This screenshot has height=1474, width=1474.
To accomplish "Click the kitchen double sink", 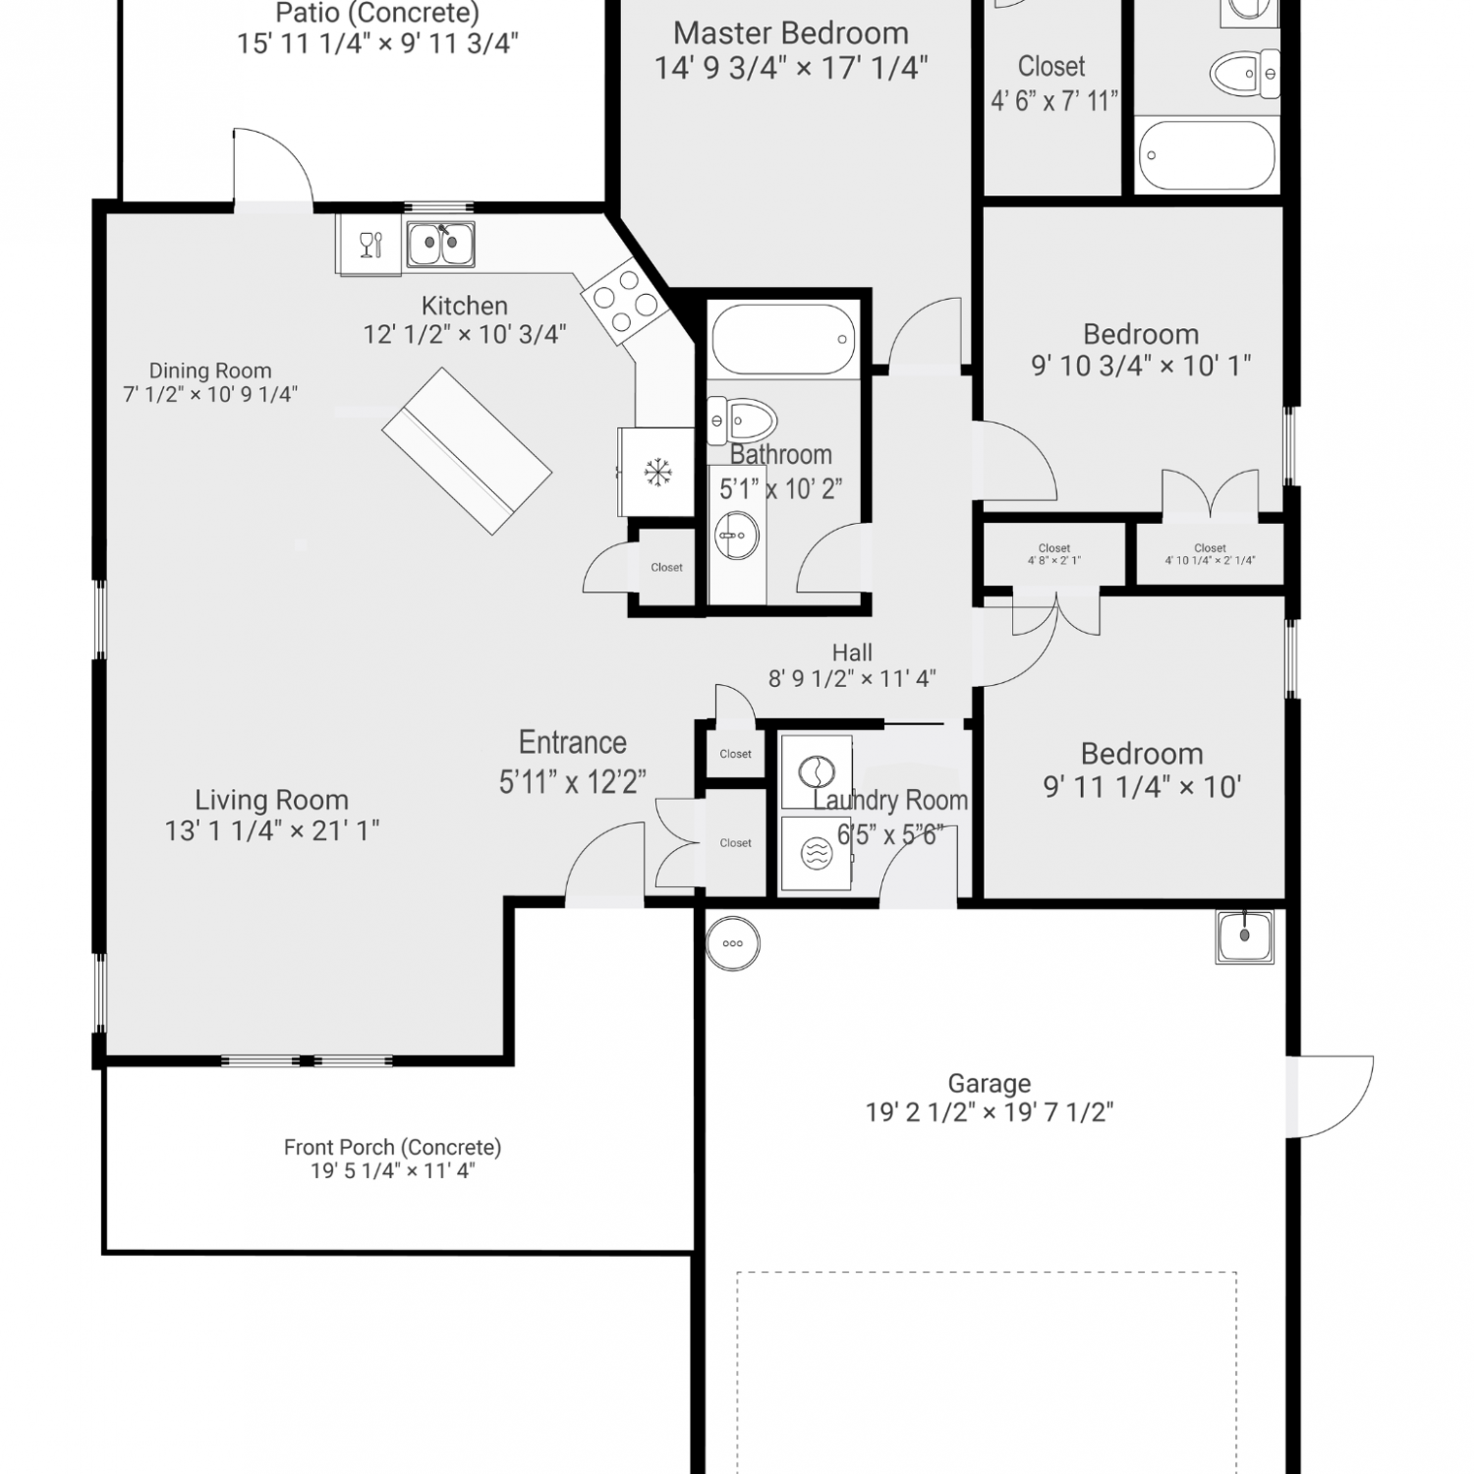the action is click(441, 244).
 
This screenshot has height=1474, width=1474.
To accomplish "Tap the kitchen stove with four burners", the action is click(625, 301).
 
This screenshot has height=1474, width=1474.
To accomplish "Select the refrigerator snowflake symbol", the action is click(655, 473).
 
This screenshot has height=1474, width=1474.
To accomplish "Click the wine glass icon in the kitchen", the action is click(369, 244).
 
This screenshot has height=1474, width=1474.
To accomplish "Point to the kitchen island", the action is click(467, 451).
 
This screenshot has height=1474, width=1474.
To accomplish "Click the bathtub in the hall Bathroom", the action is click(782, 339).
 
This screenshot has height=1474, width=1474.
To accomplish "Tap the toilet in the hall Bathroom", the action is click(743, 422).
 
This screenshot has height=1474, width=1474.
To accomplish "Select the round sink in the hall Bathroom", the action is click(735, 535).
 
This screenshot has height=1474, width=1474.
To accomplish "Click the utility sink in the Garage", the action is click(1244, 936).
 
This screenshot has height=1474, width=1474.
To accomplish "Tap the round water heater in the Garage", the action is click(733, 943).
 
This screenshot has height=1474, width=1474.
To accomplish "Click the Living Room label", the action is click(271, 800).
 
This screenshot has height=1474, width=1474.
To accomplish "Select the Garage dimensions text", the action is click(990, 1112).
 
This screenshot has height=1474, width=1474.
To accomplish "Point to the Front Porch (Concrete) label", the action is click(393, 1147).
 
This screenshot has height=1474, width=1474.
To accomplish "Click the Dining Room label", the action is click(210, 370).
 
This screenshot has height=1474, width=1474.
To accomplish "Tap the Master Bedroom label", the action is click(791, 33).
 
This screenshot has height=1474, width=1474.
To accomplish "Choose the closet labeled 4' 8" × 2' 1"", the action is click(1054, 554).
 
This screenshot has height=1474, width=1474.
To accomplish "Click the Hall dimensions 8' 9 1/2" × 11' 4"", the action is click(852, 678).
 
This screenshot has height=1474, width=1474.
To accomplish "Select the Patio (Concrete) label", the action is click(377, 14).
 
